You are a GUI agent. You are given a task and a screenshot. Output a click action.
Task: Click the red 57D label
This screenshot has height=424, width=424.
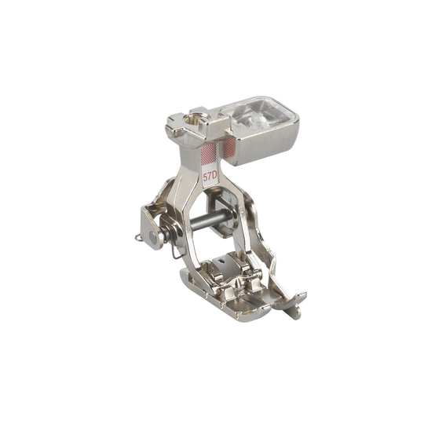pyautogui.click(x=210, y=177)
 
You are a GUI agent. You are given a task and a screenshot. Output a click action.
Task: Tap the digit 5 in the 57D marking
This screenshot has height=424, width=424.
pyautogui.click(x=205, y=177)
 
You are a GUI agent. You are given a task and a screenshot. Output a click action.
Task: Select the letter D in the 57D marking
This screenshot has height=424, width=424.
pyautogui.click(x=214, y=177)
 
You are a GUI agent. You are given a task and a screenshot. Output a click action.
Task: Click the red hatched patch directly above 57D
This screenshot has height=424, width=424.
pyautogui.click(x=209, y=154)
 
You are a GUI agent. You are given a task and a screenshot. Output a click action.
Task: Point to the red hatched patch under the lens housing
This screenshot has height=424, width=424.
pyautogui.click(x=229, y=149)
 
